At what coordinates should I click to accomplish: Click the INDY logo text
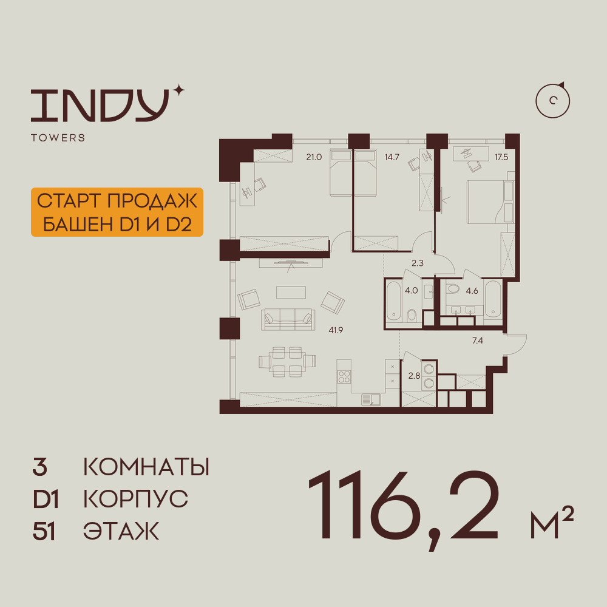tap(100, 105)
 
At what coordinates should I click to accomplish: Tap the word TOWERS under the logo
tap(58, 138)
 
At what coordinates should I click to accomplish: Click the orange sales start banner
tap(117, 212)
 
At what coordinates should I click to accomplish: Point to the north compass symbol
tap(552, 101)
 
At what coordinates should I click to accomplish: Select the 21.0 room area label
tap(314, 157)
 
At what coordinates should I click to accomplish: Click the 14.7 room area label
tap(392, 157)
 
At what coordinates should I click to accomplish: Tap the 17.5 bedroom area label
tap(501, 157)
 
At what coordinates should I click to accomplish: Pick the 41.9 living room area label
tap(336, 330)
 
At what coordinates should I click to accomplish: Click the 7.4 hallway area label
tap(478, 341)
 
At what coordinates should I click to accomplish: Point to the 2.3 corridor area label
tap(418, 263)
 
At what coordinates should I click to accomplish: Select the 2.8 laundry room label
tap(414, 376)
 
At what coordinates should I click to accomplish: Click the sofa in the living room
tap(288, 319)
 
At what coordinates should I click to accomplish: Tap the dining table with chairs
tap(287, 362)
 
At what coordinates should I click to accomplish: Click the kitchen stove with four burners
tap(344, 377)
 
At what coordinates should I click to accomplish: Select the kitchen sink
tap(371, 399)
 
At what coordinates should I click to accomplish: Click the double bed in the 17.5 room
tap(490, 202)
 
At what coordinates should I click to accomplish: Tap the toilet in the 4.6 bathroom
tap(452, 288)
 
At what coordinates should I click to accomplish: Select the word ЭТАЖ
tap(121, 531)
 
